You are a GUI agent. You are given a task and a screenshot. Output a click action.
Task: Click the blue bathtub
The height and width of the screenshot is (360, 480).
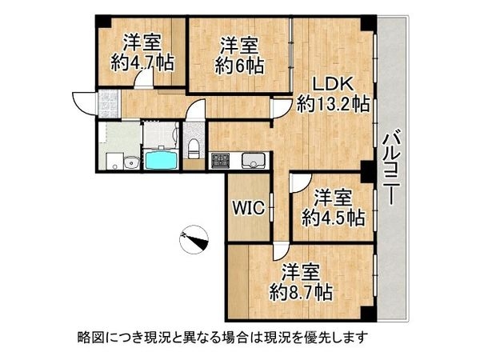point(161,159)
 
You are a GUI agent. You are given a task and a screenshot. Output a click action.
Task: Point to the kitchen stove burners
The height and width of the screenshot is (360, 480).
point(220,160)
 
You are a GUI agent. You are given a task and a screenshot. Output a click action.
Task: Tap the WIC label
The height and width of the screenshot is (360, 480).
point(246,206)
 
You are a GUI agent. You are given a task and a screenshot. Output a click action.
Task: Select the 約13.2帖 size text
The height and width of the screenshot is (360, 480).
point(331,104)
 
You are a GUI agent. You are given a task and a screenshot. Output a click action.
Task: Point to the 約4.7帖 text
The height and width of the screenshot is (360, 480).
point(142,64)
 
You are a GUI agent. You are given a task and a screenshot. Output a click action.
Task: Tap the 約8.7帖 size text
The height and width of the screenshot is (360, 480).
point(302,291)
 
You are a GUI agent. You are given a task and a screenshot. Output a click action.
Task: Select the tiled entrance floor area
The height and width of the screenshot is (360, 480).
point(107,102)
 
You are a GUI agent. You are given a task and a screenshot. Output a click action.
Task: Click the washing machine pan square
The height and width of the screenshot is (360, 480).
point(110,136)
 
